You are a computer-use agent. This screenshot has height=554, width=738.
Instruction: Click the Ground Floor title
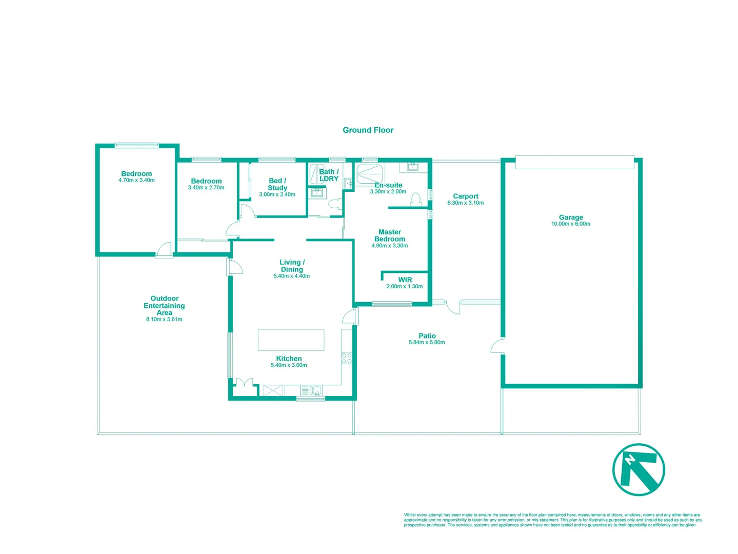(x=368, y=130)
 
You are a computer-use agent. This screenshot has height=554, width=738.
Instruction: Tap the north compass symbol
(x=639, y=469)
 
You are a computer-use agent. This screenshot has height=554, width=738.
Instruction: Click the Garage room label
(x=571, y=217)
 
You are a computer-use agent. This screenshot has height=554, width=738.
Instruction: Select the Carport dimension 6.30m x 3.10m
(x=465, y=203)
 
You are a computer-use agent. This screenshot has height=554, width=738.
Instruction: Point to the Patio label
(x=427, y=336)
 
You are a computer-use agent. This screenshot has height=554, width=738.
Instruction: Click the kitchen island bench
(x=291, y=340)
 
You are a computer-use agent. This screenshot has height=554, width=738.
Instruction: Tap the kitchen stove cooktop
(x=347, y=359)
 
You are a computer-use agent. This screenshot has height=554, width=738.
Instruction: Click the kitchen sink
(x=311, y=391)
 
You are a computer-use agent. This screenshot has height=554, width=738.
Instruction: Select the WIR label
(x=405, y=280)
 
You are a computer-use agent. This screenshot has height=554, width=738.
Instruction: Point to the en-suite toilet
(x=416, y=199)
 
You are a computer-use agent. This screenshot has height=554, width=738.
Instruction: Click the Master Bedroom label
(x=390, y=235)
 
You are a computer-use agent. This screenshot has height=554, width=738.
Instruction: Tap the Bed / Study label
(x=277, y=184)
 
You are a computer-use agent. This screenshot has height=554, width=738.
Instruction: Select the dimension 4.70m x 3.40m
(x=136, y=181)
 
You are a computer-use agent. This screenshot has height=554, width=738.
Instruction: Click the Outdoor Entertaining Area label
(x=164, y=305)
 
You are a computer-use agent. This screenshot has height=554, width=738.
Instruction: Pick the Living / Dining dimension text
(x=291, y=276)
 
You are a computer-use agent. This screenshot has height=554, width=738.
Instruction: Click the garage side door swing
(x=497, y=346)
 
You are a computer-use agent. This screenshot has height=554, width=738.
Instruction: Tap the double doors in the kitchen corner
(x=244, y=386)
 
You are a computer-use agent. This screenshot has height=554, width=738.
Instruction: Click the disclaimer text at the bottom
(x=552, y=520)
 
